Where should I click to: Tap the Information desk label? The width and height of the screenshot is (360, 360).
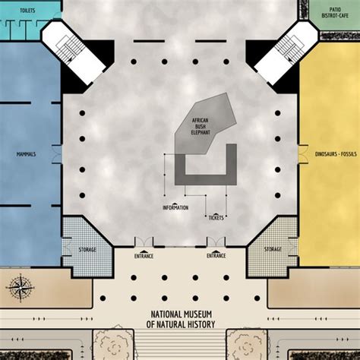(175, 207)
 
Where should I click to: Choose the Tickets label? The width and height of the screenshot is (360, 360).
(216, 217)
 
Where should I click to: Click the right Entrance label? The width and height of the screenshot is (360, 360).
(216, 256)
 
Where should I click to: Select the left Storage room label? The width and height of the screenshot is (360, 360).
(87, 248)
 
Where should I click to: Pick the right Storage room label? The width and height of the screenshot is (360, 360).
(273, 248)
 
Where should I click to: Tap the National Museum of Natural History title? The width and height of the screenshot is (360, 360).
(180, 320)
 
